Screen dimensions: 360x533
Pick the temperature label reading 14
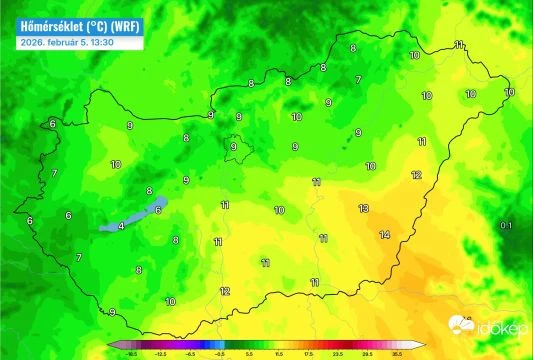point(384,235)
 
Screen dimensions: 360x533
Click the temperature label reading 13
point(363,208)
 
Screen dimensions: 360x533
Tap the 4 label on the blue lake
point(122,226)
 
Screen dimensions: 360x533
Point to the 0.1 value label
point(506,226)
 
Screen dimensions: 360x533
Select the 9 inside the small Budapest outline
point(234,146)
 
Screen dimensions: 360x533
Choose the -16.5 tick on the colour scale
point(131,353)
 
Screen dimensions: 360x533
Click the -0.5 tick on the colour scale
point(219,353)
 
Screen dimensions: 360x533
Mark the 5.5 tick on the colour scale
point(250,353)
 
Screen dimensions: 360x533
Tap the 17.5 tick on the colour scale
point(309,353)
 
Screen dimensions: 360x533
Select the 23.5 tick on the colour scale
point(338,353)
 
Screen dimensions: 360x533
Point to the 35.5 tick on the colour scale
point(397,353)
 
